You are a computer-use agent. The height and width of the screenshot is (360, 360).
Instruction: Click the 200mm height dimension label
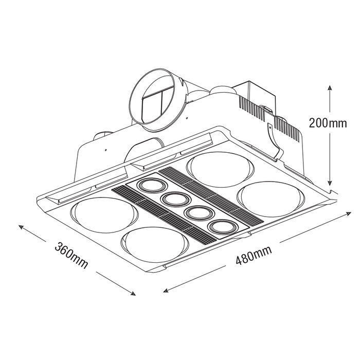tap(328, 123)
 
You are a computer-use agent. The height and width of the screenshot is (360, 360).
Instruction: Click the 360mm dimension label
tap(71, 255)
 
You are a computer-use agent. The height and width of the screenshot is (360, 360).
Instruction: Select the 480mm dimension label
tap(254, 255)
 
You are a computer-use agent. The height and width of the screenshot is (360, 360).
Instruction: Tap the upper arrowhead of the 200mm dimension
tap(330, 87)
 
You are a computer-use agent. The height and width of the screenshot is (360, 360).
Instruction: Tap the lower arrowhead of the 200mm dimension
tap(330, 183)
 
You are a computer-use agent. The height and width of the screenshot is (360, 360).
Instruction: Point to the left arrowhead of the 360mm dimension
tap(21, 227)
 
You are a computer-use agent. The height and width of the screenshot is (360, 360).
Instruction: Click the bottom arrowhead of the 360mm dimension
tap(133, 293)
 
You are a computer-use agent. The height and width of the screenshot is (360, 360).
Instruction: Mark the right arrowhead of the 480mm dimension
tap(348, 214)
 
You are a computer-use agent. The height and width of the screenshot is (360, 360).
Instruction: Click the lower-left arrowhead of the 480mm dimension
tap(166, 291)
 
